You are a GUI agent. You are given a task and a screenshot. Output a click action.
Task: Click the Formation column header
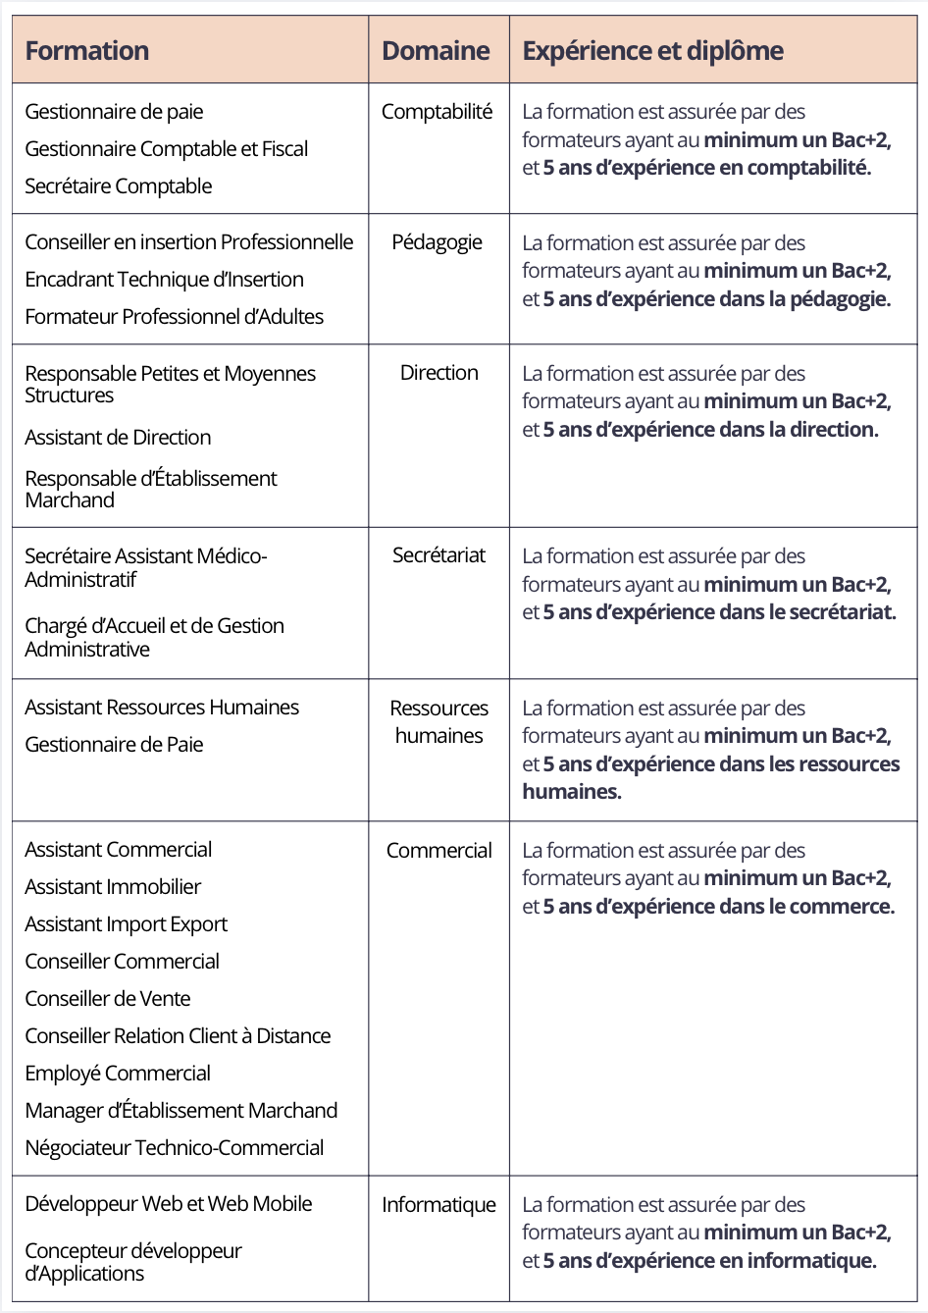coord(87,51)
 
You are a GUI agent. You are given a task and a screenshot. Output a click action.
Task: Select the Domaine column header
coord(436,51)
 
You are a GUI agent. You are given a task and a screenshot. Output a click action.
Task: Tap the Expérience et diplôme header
coord(652,51)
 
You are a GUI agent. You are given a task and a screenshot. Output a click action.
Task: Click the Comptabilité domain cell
coord(437,112)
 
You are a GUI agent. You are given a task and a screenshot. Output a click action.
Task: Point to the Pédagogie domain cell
coord(438,242)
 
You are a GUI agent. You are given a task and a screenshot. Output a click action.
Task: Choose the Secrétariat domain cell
coord(438,555)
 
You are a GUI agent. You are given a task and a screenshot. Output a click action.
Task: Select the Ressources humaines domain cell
coord(438,721)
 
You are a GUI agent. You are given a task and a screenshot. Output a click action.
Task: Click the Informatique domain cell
coord(438,1204)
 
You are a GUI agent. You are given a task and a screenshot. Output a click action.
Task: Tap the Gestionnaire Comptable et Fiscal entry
coord(166,149)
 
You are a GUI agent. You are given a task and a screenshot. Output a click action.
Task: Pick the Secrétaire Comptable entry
coord(118,186)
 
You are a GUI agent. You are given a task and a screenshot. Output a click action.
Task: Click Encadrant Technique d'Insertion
coord(164,280)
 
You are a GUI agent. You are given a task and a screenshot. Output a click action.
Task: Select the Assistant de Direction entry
coord(118,438)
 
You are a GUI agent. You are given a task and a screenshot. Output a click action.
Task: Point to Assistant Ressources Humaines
coord(162,708)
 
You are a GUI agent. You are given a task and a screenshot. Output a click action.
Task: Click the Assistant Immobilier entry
coord(113,887)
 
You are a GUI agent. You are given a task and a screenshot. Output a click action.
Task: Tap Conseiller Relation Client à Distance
coord(178,1036)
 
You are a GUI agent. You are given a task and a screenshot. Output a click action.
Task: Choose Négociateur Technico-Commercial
coord(174,1148)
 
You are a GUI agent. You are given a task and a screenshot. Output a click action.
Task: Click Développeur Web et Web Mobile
coord(168,1204)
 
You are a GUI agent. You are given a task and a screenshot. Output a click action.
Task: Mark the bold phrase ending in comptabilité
coord(706,168)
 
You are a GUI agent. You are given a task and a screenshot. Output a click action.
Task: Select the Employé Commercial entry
coord(118,1074)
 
